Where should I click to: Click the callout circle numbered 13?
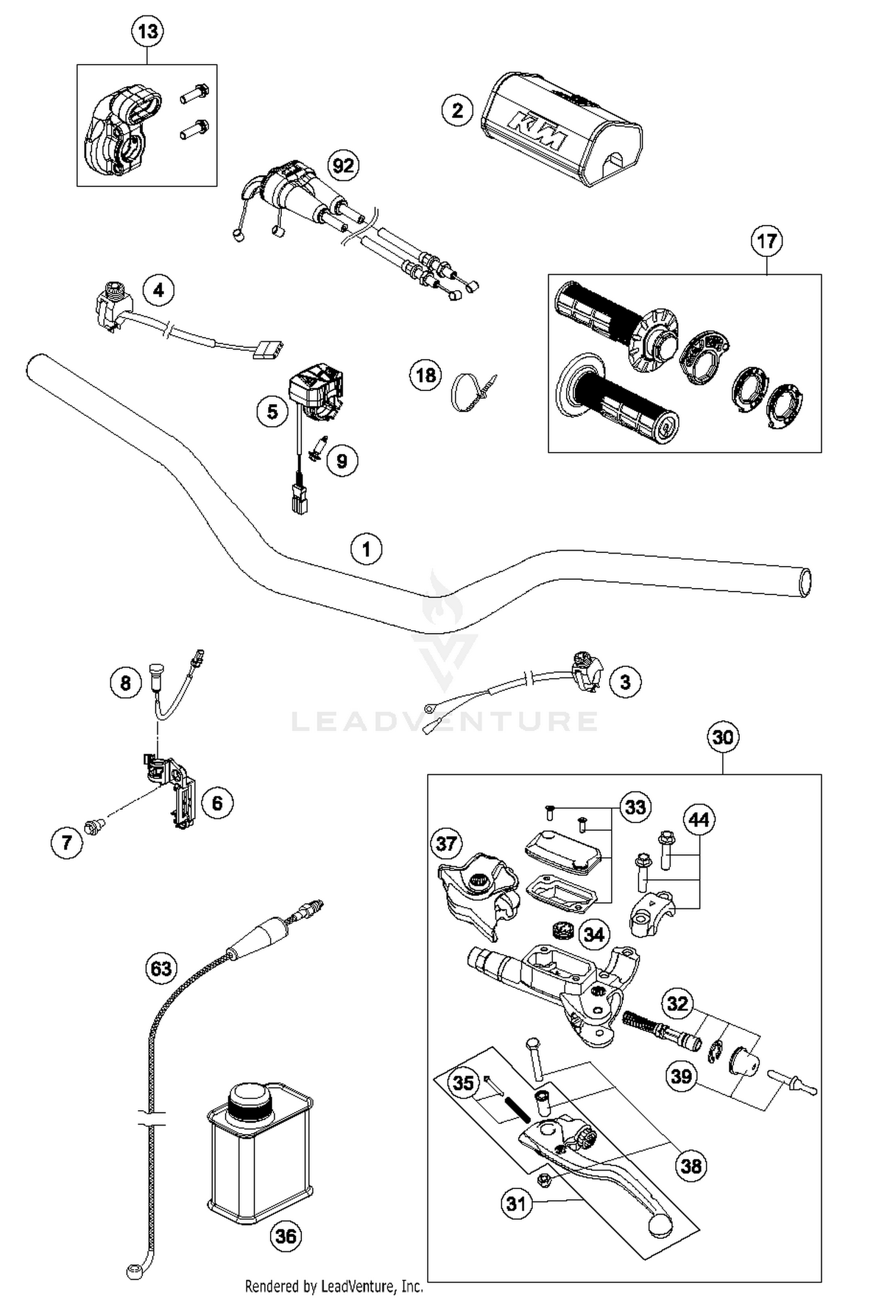coord(147,31)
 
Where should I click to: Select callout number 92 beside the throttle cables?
coord(344,166)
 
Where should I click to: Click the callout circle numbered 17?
coord(767,241)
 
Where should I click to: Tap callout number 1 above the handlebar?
coord(366,549)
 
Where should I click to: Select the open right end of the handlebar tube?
coord(805,583)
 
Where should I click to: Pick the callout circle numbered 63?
coord(161,969)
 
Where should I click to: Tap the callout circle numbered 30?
coord(723,738)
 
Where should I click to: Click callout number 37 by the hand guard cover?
coord(446,843)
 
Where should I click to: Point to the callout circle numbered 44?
coord(699,819)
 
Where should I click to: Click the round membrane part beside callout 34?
coord(561,930)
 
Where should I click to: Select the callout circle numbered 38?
coord(691,1166)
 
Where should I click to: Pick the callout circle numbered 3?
coord(625,682)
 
